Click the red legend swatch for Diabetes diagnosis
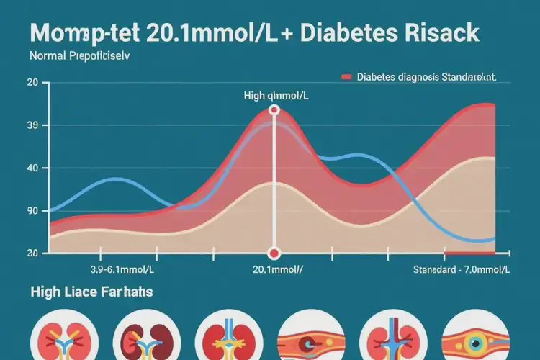click(346, 76)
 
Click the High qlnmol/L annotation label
click(274, 94)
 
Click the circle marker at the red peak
click(274, 110)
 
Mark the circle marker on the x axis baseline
click(274, 253)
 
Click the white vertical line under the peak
click(274, 187)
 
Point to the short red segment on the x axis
click(469, 253)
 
